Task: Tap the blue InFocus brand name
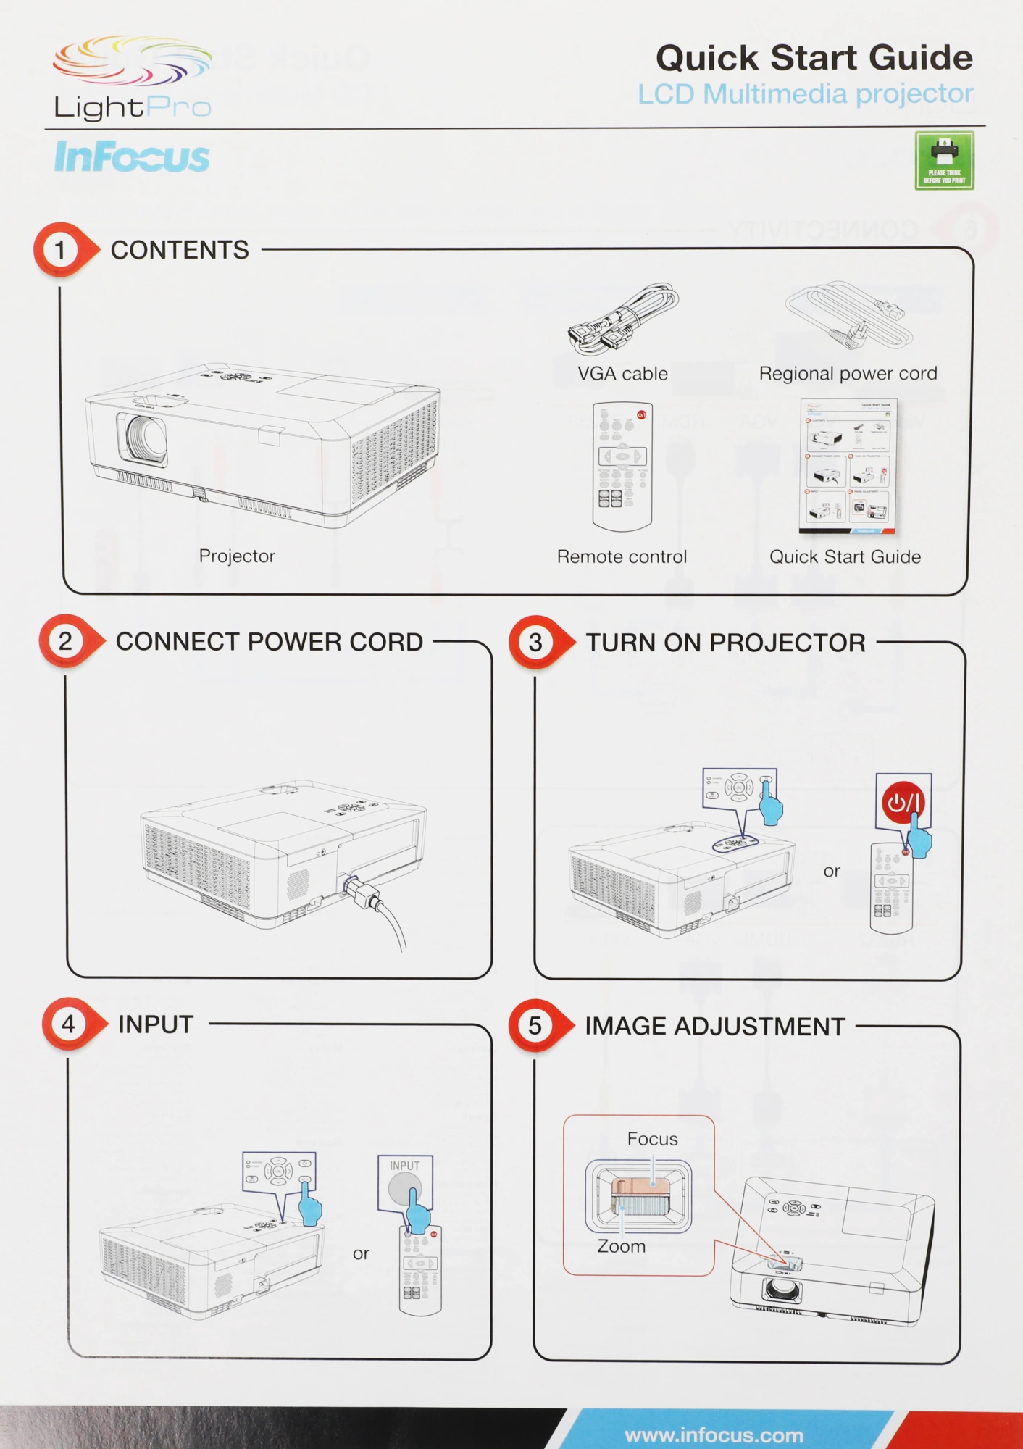(x=132, y=157)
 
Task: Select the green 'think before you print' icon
(x=944, y=160)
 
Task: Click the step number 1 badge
(x=61, y=250)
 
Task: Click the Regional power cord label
(x=848, y=374)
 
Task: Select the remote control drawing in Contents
(x=622, y=466)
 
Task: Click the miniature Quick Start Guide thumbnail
(x=848, y=466)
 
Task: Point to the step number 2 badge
(x=66, y=641)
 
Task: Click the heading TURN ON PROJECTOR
(x=725, y=643)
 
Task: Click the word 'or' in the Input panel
(x=361, y=1253)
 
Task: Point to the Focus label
(x=652, y=1139)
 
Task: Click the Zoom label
(x=621, y=1246)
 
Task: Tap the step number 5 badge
(x=535, y=1025)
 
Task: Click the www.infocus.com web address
(x=714, y=1435)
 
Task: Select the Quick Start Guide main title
(x=814, y=58)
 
